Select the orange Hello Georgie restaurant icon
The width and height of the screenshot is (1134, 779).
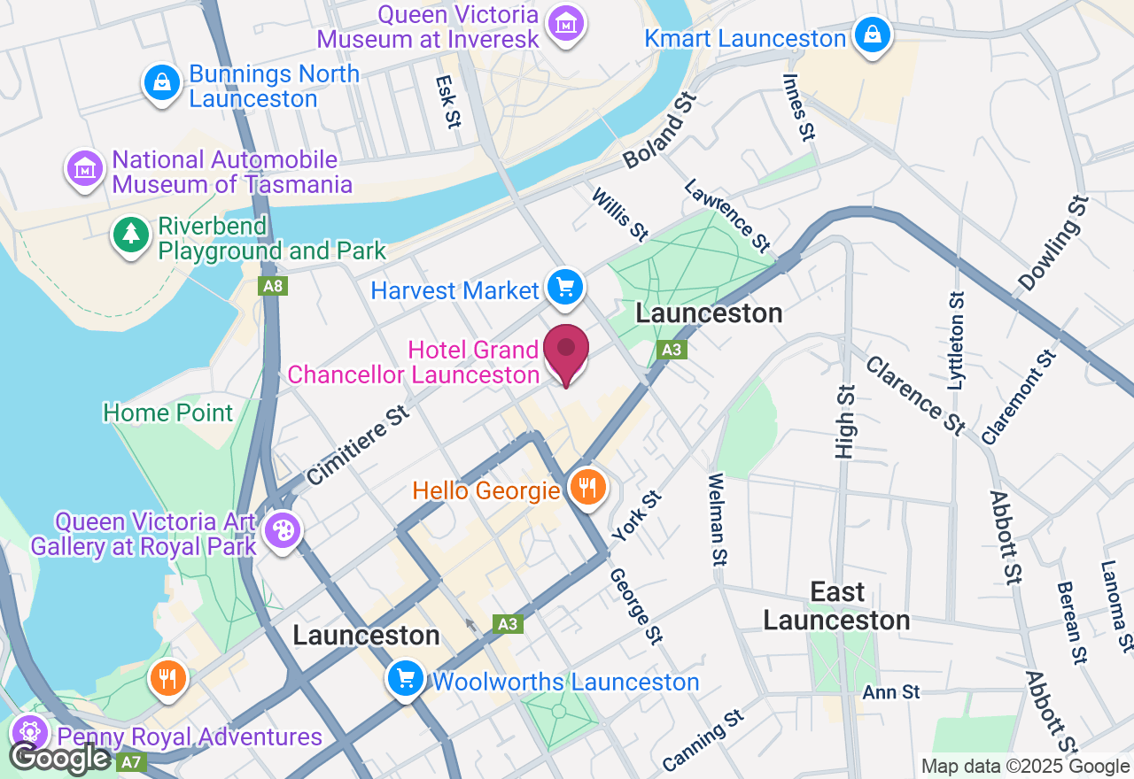coord(586,486)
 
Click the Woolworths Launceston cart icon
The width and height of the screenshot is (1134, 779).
coord(406,679)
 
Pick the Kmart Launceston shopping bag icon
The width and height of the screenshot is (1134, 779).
coord(873,35)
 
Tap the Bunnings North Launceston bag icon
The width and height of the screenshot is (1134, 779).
coord(161,83)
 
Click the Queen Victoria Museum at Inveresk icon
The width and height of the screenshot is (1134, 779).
coord(565,23)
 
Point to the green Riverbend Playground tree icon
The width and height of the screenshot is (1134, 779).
coord(131,234)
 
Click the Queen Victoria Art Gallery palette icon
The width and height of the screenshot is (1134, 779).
coord(283,531)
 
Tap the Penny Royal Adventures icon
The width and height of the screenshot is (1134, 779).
coord(30,733)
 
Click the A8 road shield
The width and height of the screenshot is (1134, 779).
coord(273,286)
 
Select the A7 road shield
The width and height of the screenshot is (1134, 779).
coord(130,761)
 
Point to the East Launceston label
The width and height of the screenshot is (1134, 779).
coord(836,606)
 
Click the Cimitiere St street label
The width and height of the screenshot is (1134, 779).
coord(359,445)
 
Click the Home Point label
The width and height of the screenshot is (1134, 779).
coord(168,413)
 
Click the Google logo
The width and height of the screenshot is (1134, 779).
coord(59,758)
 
